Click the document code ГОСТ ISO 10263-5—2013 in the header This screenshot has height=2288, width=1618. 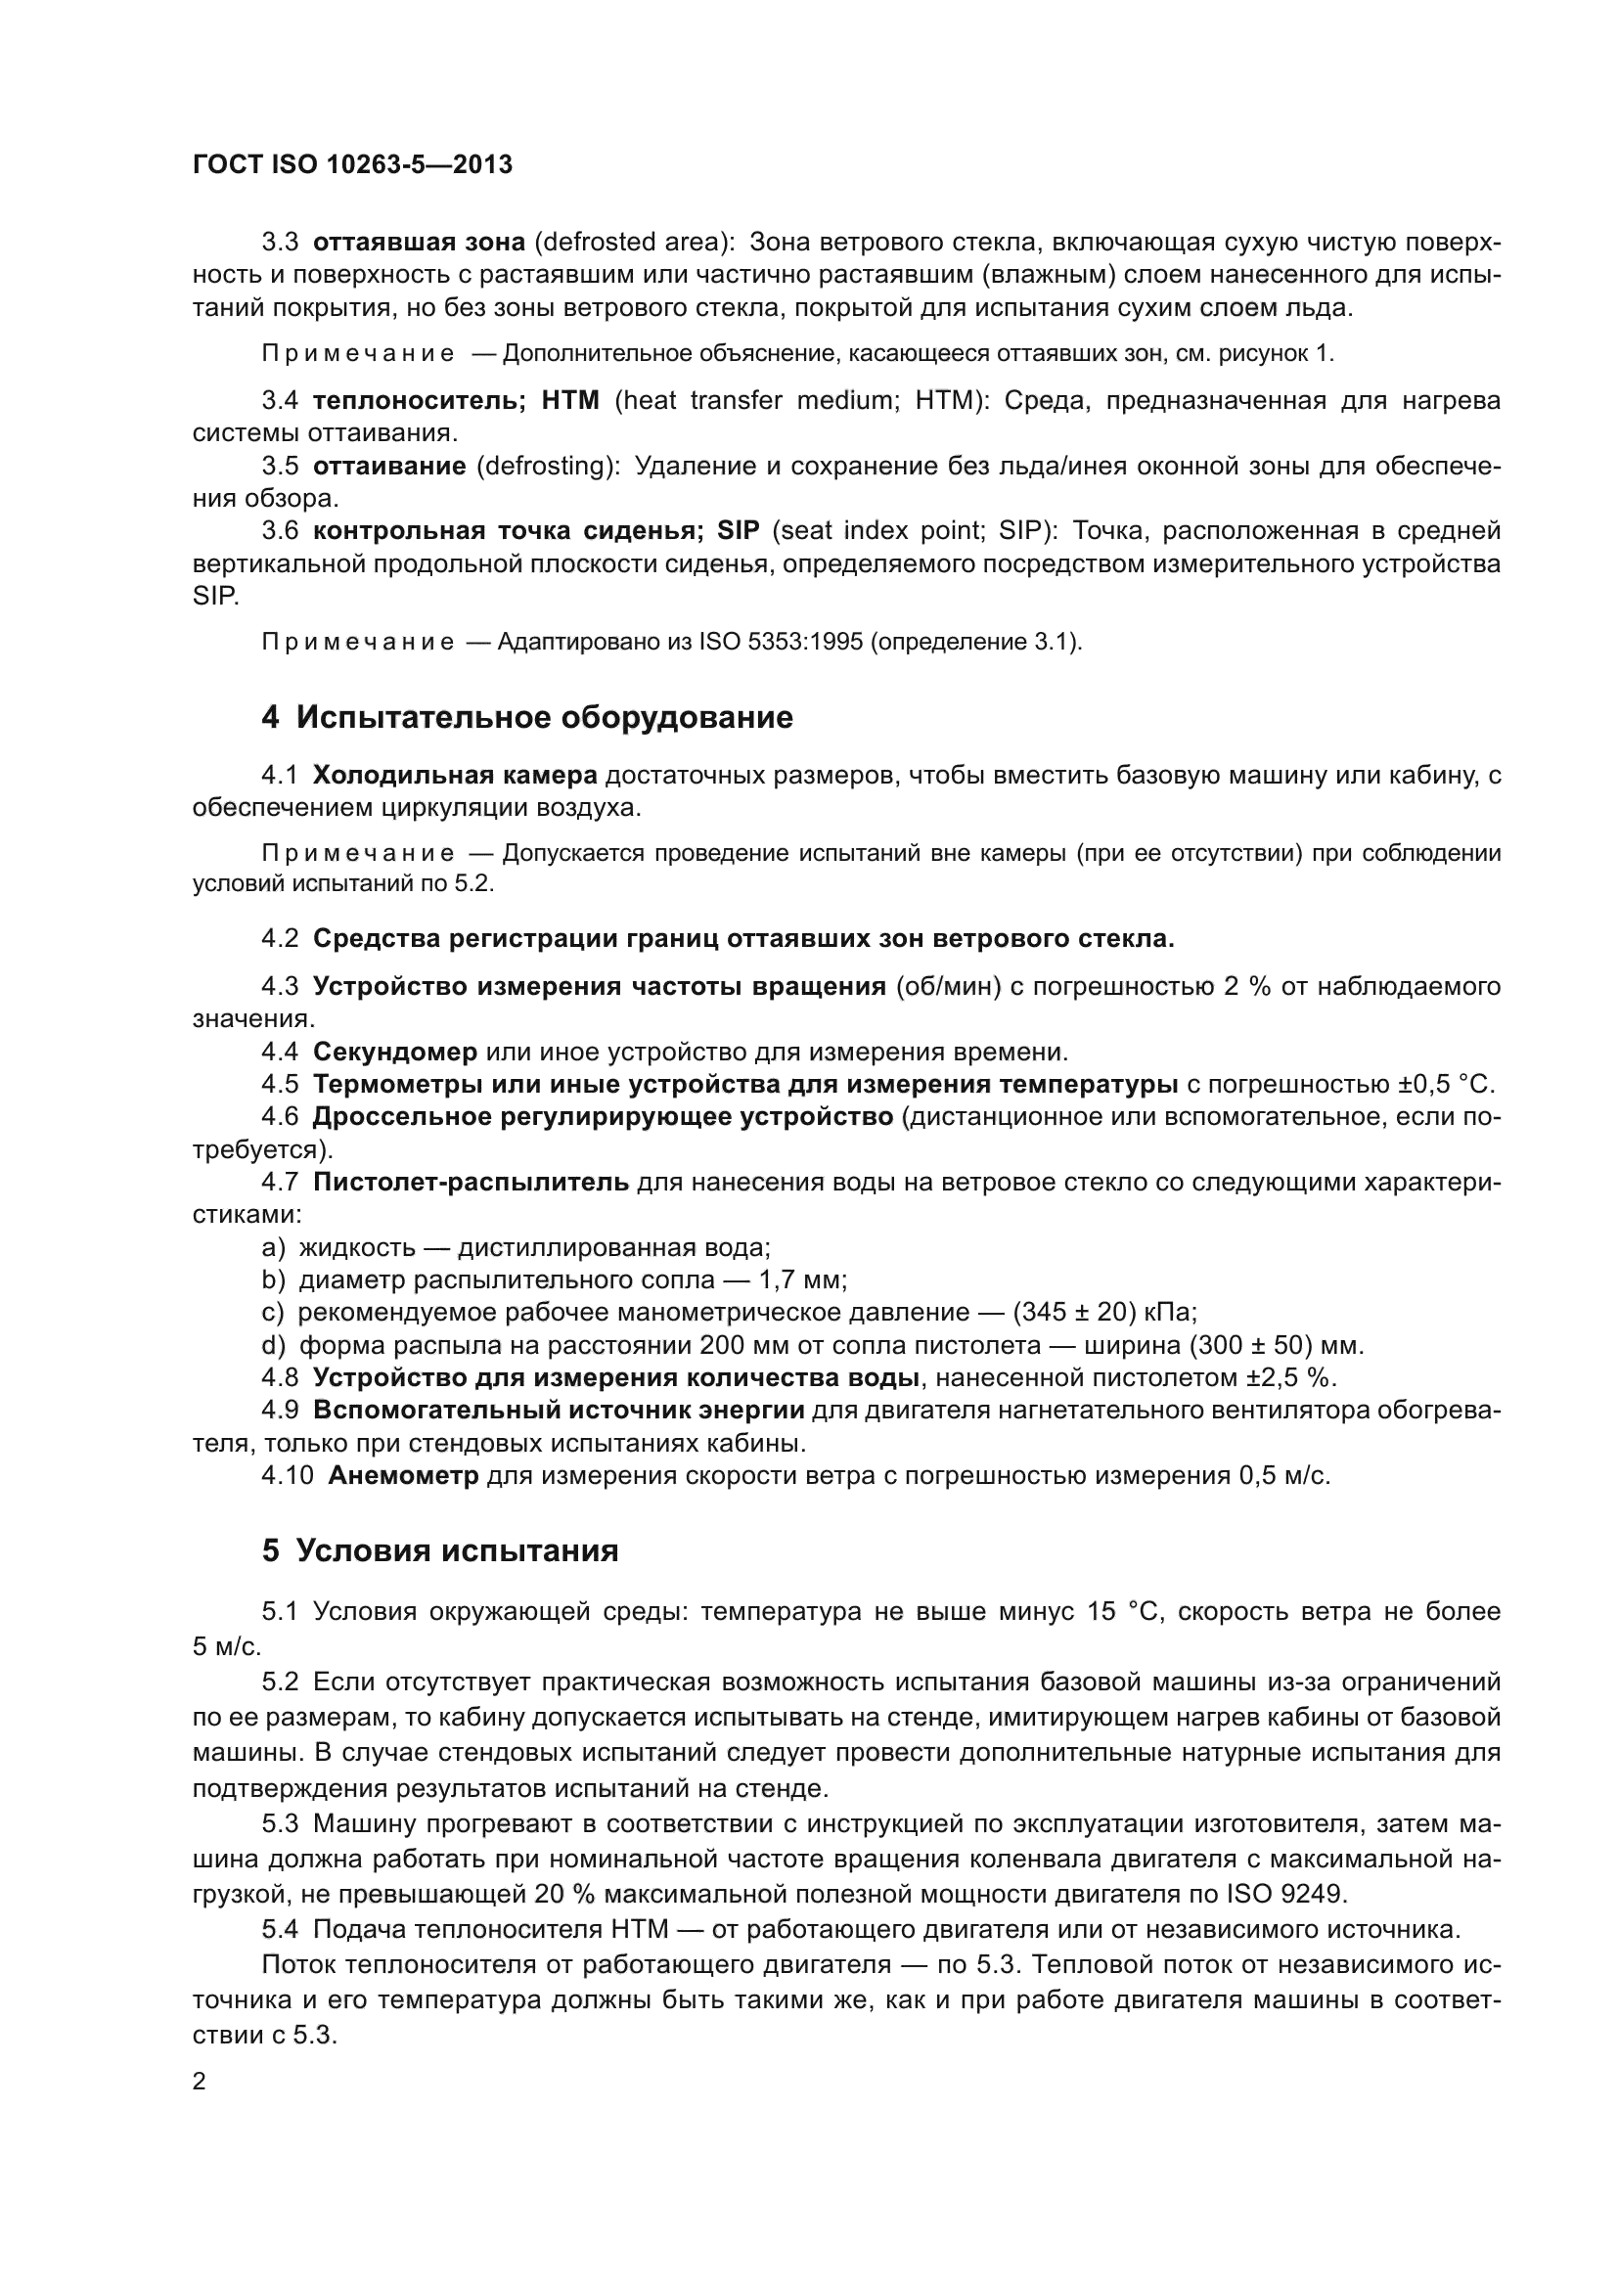coord(352,165)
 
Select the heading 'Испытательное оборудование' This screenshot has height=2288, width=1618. coord(544,717)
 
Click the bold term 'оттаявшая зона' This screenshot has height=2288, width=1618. coord(419,243)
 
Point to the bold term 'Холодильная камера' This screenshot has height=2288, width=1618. coord(454,776)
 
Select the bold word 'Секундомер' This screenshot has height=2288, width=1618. coord(394,1052)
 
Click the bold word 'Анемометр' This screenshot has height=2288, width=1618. coord(402,1476)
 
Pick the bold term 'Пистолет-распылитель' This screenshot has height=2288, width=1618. coord(471,1182)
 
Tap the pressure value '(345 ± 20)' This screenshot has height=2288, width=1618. coord(1075,1313)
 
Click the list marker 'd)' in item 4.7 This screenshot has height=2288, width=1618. coord(273,1345)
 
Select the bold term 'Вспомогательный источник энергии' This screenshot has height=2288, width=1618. coord(558,1411)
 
